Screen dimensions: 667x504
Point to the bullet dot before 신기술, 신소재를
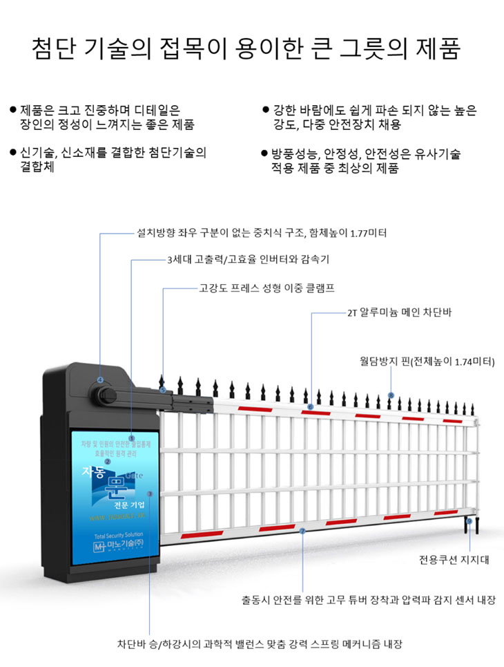13,152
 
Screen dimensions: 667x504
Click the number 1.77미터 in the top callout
364,234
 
